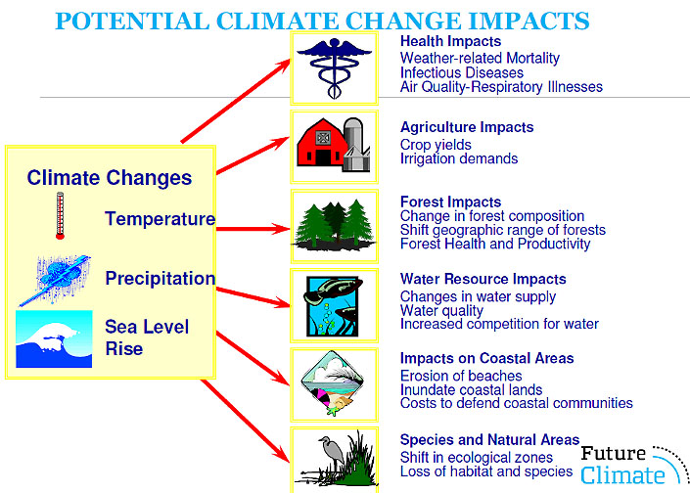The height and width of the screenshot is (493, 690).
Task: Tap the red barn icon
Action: [x=323, y=143]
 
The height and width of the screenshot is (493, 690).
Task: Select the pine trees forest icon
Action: [x=335, y=225]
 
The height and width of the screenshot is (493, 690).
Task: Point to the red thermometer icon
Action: [x=60, y=215]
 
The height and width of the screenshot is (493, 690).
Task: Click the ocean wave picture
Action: [x=54, y=338]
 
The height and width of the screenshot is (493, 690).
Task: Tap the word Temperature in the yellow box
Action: [x=160, y=218]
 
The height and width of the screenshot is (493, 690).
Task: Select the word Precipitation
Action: [x=161, y=279]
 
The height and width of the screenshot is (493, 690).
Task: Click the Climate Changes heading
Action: [x=110, y=178]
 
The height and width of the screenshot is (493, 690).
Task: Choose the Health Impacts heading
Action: [x=450, y=41]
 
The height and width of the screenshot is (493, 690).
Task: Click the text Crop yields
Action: [x=436, y=145]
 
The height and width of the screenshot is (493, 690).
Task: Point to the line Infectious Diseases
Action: [x=462, y=72]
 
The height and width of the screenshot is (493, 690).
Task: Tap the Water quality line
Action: [x=441, y=310]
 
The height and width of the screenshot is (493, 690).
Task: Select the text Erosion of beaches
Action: [x=461, y=376]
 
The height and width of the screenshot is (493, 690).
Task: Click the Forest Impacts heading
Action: [x=450, y=202]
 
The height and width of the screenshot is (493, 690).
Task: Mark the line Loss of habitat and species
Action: [x=486, y=471]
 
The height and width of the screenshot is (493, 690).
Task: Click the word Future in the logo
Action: [x=613, y=454]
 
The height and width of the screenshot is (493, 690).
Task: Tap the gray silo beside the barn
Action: [x=356, y=144]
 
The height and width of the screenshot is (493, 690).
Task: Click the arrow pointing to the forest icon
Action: [x=253, y=229]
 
